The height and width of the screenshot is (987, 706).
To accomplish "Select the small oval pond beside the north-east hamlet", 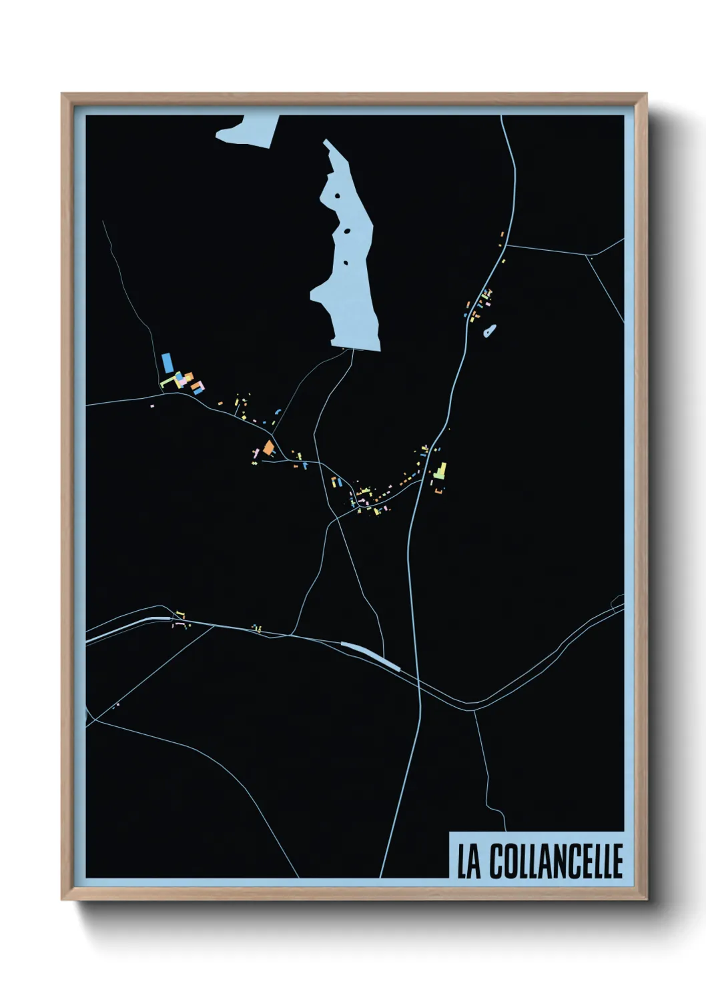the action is pos(490,329).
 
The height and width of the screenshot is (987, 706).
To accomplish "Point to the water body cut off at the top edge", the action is pos(247,129).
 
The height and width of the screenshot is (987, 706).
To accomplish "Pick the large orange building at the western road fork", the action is pos(268,447).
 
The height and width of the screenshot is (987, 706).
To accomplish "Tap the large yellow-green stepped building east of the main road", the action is pos(440,471).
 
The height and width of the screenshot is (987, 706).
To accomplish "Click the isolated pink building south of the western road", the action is pos(152,405).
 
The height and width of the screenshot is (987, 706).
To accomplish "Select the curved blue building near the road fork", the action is pos(278,413).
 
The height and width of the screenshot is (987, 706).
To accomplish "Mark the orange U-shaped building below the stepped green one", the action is pos(438,491).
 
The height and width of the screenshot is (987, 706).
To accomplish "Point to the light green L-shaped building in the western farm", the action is pos(167,382).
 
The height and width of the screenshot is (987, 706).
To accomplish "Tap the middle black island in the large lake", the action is pos(347,231).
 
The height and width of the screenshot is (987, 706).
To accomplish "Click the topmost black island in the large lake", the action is pos(337,196).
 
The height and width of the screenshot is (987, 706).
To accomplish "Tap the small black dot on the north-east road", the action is pos(591,256).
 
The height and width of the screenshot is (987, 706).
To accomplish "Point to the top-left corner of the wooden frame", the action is pos(63,95).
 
